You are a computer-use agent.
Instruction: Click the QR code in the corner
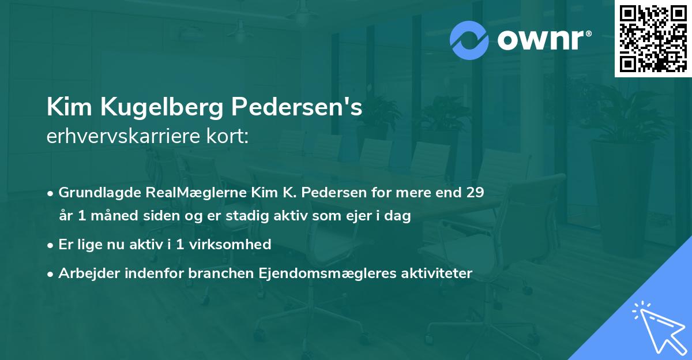click(653, 38)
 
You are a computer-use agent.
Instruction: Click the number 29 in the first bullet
click(475, 193)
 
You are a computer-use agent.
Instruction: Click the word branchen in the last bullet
click(214, 273)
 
